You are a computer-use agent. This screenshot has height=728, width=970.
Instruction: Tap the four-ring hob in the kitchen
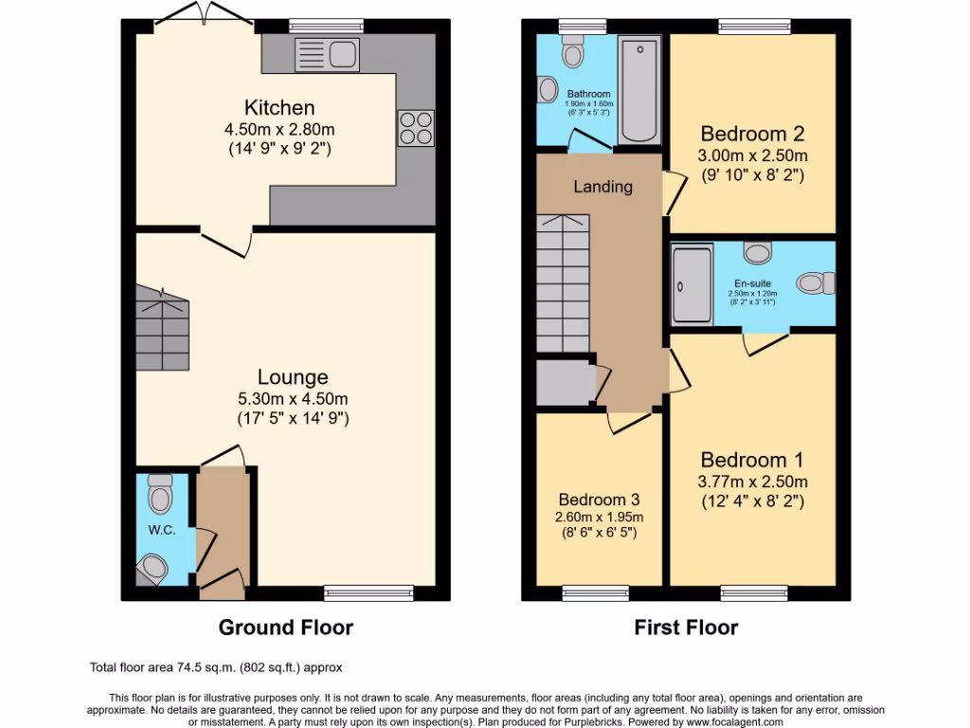416,128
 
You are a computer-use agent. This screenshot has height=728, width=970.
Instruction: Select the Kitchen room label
279,107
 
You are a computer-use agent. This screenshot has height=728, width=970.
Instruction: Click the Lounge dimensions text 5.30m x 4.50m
293,398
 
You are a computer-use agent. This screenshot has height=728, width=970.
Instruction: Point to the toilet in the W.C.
160,494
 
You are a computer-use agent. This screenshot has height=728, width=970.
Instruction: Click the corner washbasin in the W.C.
152,569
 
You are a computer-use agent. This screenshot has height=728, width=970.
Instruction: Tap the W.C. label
162,530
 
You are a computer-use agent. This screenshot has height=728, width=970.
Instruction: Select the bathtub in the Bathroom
640,88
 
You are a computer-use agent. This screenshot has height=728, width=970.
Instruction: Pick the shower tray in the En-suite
691,283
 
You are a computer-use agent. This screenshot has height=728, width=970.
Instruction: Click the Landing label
602,187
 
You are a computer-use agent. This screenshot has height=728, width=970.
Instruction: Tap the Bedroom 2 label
752,134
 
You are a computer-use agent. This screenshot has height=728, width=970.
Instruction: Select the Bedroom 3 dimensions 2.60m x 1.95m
600,518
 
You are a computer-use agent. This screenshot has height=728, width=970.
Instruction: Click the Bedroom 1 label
752,461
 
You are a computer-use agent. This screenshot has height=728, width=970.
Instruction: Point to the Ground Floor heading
285,628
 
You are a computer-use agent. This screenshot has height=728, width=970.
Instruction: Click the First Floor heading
686,628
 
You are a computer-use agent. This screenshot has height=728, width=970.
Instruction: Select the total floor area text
215,667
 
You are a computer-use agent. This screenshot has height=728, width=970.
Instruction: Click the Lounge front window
368,593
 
